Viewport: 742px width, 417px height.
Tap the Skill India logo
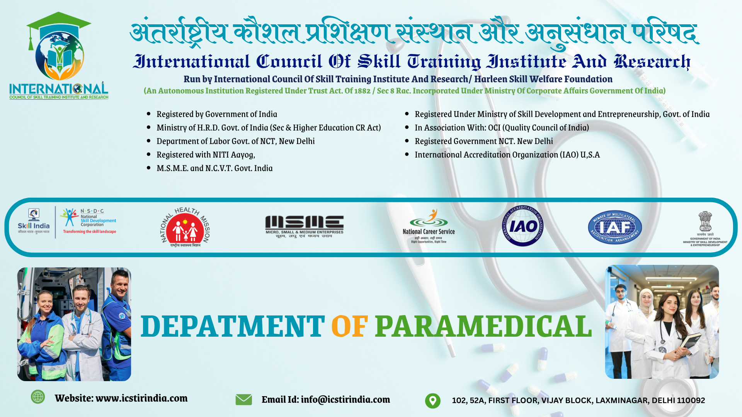click(x=34, y=222)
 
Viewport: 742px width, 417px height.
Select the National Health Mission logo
click(x=185, y=227)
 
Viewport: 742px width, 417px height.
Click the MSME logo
click(x=304, y=226)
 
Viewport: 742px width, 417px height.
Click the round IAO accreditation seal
click(x=522, y=226)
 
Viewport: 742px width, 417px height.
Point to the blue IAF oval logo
click(x=614, y=227)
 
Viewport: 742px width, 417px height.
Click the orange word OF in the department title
click(x=349, y=327)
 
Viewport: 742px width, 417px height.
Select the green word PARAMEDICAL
click(x=483, y=327)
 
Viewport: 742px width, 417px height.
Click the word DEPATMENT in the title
click(x=232, y=327)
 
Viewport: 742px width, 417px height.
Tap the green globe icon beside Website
click(x=38, y=397)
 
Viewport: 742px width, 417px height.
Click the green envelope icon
click(x=243, y=400)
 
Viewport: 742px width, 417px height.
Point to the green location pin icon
click(x=432, y=400)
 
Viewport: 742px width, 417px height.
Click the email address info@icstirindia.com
click(x=345, y=400)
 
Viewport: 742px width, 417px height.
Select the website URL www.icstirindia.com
click(x=141, y=398)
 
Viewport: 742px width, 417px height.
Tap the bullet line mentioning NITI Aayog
click(x=206, y=155)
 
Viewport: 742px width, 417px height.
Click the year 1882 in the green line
click(x=362, y=91)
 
